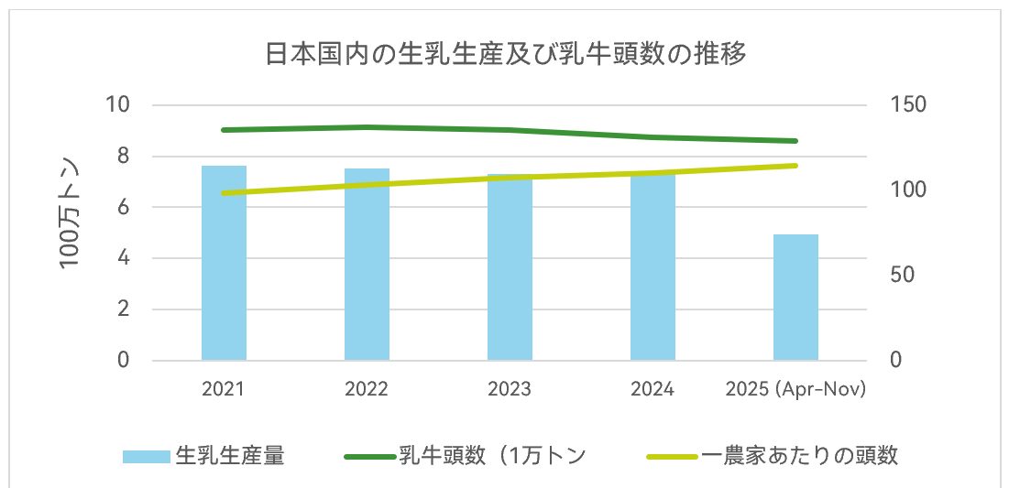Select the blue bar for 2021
click(224, 266)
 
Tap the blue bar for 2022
click(367, 266)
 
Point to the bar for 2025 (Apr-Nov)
click(795, 298)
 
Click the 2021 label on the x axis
click(224, 389)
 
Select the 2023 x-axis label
click(510, 389)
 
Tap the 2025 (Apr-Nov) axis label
click(795, 389)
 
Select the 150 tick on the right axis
click(908, 104)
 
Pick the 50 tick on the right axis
click(904, 275)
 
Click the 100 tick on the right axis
click(908, 190)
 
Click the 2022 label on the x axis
click(367, 389)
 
